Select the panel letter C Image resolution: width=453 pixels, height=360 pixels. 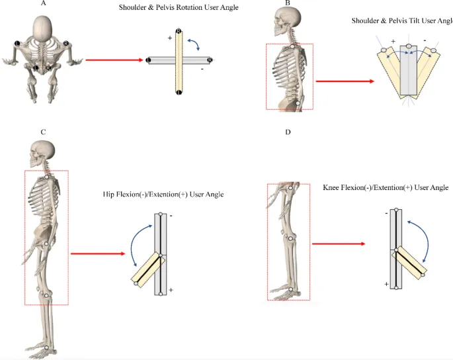pyautogui.click(x=43, y=132)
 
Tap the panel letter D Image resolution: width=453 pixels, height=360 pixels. pyautogui.click(x=287, y=132)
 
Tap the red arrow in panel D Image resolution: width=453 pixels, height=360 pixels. pyautogui.click(x=338, y=244)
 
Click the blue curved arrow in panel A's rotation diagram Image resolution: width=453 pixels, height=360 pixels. pyautogui.click(x=194, y=45)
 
